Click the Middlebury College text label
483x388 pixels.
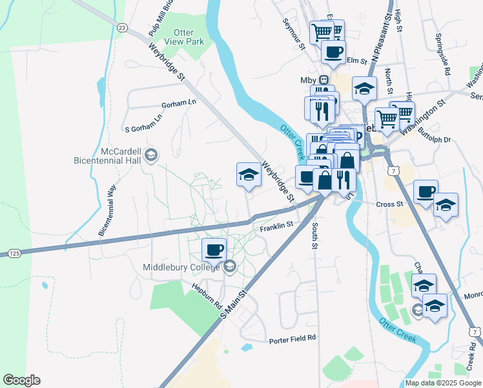pyautogui.click(x=181, y=267)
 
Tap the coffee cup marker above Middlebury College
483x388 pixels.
pyautogui.click(x=214, y=249)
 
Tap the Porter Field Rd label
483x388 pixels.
pyautogui.click(x=293, y=338)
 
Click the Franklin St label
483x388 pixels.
pyautogui.click(x=276, y=226)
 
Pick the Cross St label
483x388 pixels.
pyautogui.click(x=389, y=204)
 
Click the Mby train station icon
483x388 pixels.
pyautogui.click(x=324, y=80)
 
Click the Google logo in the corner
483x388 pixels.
pyautogui.click(x=21, y=380)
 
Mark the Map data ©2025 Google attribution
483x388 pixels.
pyautogui.click(x=442, y=383)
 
